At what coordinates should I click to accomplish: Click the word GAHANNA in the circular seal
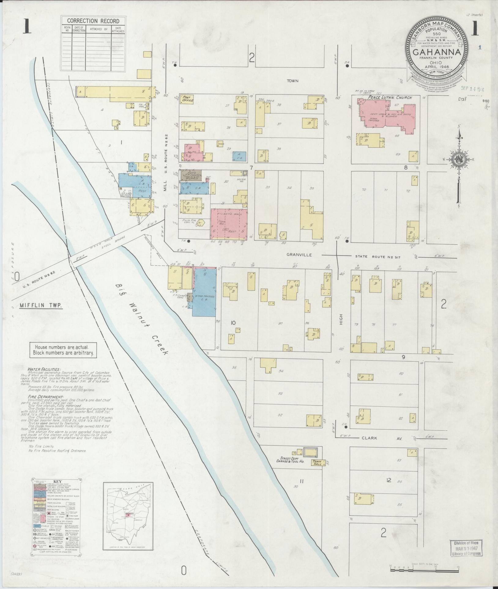[x=437, y=52]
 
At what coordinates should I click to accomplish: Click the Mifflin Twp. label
[x=40, y=305]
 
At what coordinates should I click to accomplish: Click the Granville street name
[x=299, y=255]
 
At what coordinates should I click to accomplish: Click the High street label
[x=341, y=319]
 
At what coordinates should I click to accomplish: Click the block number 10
[x=233, y=322]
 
